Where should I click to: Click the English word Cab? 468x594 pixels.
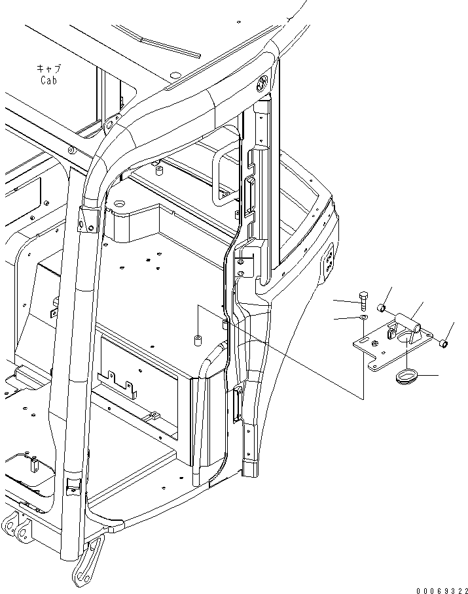(48, 81)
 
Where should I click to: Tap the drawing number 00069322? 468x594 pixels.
(442, 587)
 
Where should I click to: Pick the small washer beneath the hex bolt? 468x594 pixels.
(364, 318)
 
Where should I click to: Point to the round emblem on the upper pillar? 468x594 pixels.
(262, 82)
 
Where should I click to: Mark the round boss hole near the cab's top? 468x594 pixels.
(120, 205)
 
